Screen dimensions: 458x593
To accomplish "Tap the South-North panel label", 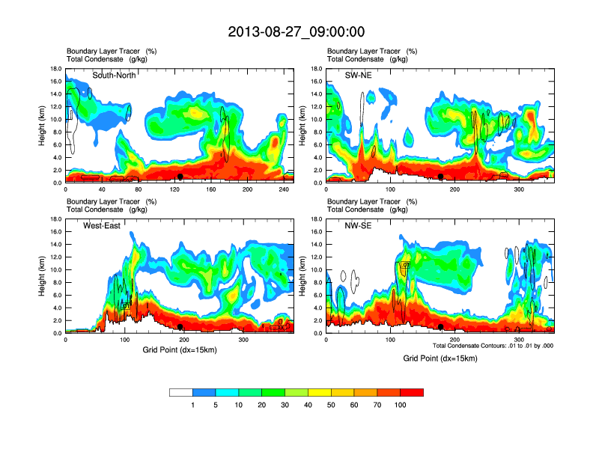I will coord(114,76).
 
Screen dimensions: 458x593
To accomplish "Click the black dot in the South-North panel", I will coord(180,177).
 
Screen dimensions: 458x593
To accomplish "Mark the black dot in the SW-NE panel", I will coord(441,177).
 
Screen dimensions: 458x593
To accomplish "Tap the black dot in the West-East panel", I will coord(180,327).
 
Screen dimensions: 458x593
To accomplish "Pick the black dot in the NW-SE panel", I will coord(441,327).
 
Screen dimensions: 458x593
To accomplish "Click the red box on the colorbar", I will coord(412,392).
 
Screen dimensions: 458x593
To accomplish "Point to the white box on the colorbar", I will coord(181,392).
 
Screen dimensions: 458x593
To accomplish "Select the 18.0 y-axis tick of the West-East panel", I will coord(55,219).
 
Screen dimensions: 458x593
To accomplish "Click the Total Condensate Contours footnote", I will coord(493,345).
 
